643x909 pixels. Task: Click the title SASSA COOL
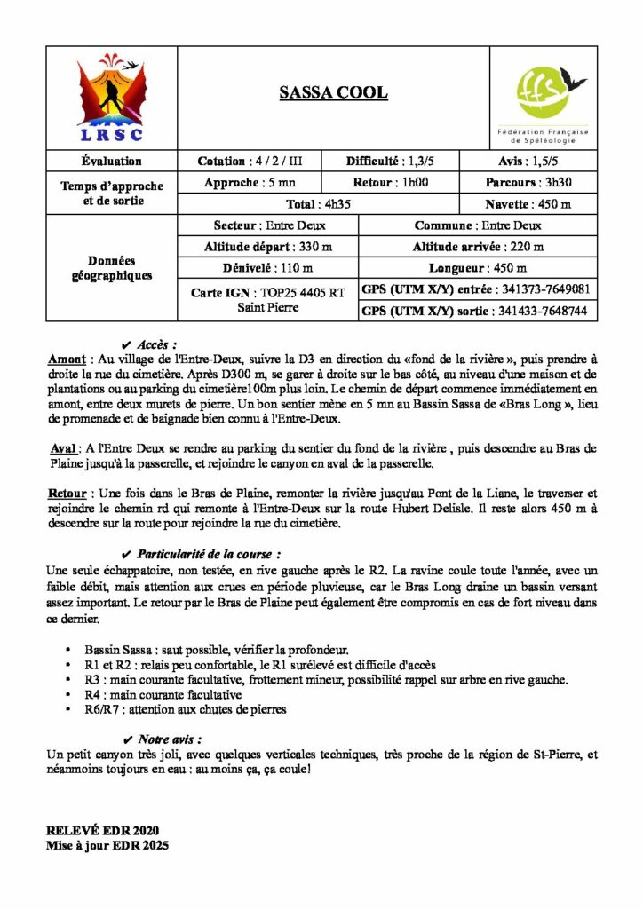tap(333, 92)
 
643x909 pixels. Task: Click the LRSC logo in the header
tap(111, 98)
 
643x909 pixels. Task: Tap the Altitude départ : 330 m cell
tap(268, 247)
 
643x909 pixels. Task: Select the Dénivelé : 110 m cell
tap(268, 268)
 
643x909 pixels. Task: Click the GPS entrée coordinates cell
tap(477, 289)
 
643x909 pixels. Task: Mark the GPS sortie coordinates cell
tap(477, 311)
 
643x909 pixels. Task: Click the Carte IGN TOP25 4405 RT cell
tap(268, 299)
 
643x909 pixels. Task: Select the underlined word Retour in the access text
tap(67, 492)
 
